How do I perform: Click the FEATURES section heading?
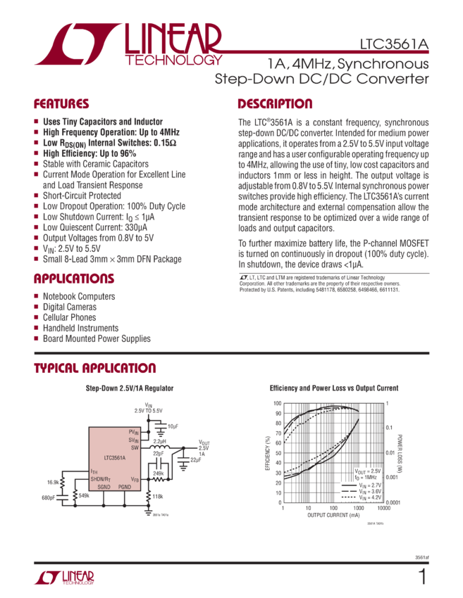click(x=62, y=105)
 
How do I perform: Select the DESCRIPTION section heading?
click(x=275, y=105)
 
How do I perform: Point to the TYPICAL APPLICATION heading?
click(x=96, y=369)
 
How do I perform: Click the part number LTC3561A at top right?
click(x=393, y=44)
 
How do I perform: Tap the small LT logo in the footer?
click(x=64, y=578)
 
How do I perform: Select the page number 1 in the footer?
click(x=423, y=578)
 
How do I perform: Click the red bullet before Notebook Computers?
click(x=37, y=297)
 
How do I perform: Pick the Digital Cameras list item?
click(x=70, y=307)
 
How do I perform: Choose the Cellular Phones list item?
click(x=71, y=317)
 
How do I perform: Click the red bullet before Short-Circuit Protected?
click(x=37, y=196)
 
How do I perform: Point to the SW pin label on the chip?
click(x=135, y=447)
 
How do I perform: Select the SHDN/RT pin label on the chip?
click(x=101, y=478)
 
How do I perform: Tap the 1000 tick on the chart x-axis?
click(x=359, y=507)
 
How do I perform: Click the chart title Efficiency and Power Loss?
click(x=334, y=388)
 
